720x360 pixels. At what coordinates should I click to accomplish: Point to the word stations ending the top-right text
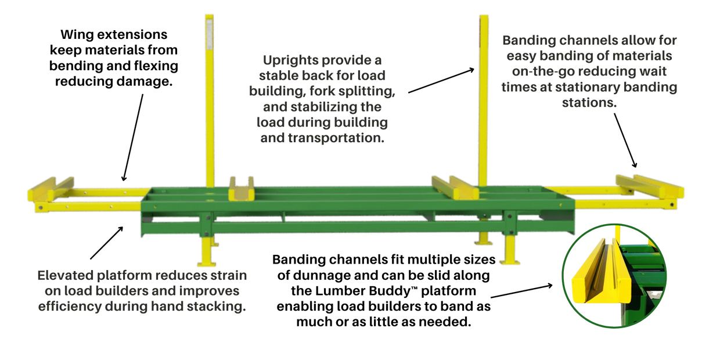pyautogui.click(x=589, y=103)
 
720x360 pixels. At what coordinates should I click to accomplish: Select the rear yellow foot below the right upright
pyautogui.click(x=483, y=239)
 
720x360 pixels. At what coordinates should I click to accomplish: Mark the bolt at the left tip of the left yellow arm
pyautogui.click(x=41, y=206)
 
